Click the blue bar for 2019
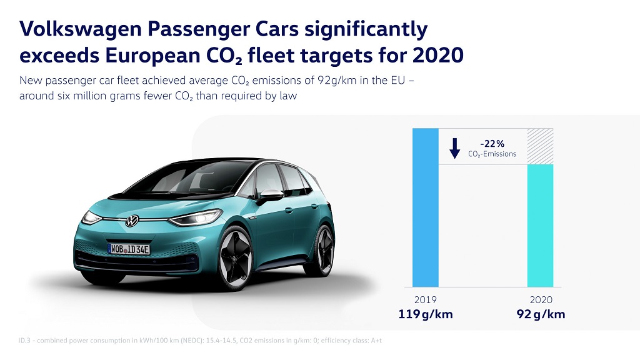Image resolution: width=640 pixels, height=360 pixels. tap(426, 206)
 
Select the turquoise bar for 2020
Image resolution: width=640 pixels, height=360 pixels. tap(540, 225)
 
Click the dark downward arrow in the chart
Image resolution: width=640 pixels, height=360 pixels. tap(455, 147)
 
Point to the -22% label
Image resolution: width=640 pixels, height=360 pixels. tap(492, 143)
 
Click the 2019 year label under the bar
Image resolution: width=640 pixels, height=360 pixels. tap(425, 301)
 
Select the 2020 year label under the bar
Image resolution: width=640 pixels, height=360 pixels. tap(541, 301)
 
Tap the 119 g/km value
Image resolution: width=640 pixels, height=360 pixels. tap(425, 314)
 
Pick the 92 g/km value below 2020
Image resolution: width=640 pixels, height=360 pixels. tap(541, 314)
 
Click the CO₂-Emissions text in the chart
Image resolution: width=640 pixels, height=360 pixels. tap(492, 154)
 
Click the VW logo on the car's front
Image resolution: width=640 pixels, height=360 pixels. tap(132, 221)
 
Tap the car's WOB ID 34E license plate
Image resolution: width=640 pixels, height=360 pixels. tap(129, 249)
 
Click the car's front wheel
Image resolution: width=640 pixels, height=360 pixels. tap(236, 258)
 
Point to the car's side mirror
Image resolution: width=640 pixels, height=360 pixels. tap(271, 196)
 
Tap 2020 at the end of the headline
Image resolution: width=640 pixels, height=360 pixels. tap(438, 55)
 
